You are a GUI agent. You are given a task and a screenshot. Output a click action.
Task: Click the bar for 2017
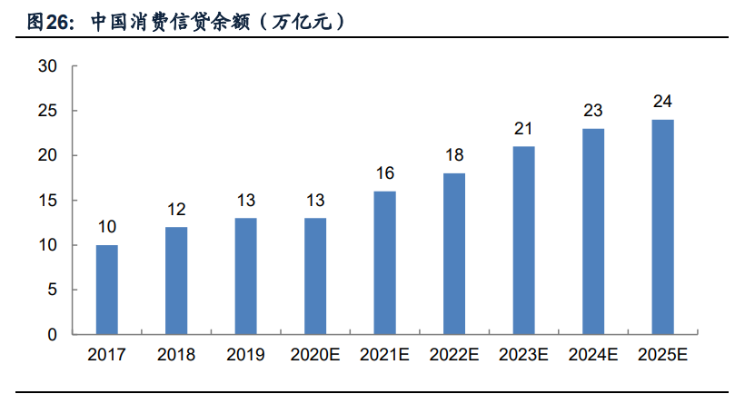(107, 290)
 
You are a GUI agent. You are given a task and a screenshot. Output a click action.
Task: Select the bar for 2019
(246, 276)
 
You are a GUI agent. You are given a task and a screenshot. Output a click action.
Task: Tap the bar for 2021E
(385, 262)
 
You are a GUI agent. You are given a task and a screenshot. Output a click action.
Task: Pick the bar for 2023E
(524, 241)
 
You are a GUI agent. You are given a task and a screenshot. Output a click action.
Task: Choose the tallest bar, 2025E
(662, 227)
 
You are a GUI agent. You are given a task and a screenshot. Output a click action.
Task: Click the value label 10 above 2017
(107, 227)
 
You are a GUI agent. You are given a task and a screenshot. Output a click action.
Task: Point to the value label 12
(176, 210)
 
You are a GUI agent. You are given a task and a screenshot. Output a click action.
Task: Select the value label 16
(385, 173)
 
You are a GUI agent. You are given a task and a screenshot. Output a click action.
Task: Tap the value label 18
(454, 155)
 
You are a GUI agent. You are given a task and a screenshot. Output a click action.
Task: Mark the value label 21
(524, 129)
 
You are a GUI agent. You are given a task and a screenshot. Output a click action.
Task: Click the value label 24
(662, 102)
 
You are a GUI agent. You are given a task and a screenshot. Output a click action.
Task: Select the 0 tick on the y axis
(53, 334)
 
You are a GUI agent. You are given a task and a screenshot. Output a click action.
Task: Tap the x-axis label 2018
(176, 355)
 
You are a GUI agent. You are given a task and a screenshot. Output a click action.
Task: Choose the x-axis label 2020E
(315, 355)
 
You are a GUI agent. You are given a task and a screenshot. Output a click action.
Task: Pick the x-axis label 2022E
(454, 355)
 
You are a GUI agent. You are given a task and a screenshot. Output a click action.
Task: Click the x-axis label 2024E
(593, 355)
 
